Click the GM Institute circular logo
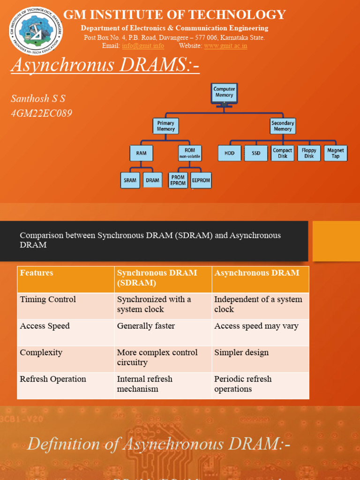tap(36, 30)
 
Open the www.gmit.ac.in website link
tap(225, 46)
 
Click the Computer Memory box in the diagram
tap(224, 92)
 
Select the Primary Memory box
tap(165, 126)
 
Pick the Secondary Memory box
tap(283, 126)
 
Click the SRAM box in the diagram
tap(130, 180)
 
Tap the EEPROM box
tap(201, 180)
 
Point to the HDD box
tap(230, 153)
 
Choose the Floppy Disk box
tap(309, 153)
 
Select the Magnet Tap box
tap(336, 153)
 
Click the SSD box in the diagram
tap(256, 153)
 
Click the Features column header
tap(37, 273)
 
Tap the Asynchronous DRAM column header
tap(256, 273)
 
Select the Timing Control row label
tap(48, 300)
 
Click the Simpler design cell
tap(241, 352)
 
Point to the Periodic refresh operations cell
tap(243, 384)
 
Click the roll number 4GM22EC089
tap(42, 113)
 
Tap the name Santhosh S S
tap(38, 98)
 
